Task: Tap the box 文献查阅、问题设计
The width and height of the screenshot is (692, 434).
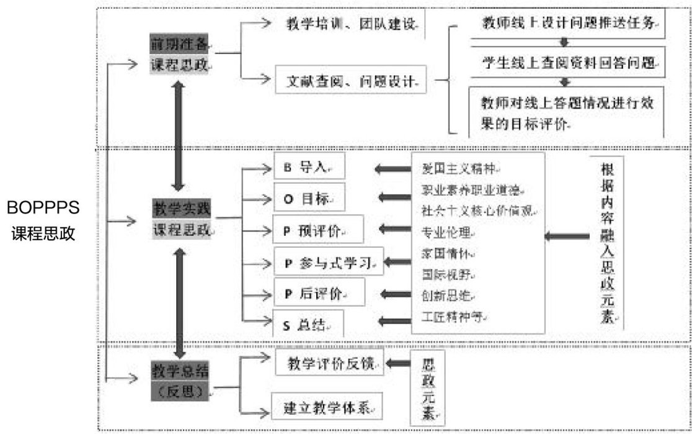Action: point(351,80)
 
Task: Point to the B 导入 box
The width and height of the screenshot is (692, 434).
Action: point(308,168)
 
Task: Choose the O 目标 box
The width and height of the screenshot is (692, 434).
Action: point(308,199)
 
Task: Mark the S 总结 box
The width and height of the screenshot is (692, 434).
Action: point(308,324)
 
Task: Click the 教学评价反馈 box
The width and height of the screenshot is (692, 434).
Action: point(330,363)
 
